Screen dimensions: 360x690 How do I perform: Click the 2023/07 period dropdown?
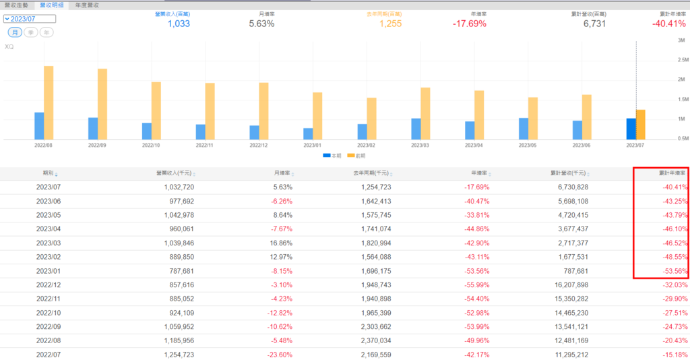[x=30, y=19]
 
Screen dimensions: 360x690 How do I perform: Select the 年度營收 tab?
[x=86, y=5]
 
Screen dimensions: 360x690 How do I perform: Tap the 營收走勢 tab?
[x=16, y=5]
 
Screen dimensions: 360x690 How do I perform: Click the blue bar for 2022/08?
[x=39, y=126]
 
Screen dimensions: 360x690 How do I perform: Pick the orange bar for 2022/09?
[x=102, y=104]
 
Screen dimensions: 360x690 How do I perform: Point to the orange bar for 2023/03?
[x=425, y=113]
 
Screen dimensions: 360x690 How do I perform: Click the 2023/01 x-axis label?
[x=313, y=145]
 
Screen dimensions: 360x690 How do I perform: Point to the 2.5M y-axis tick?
[x=680, y=59]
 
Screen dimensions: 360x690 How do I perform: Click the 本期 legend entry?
[x=332, y=156]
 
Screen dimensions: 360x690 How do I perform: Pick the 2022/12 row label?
[x=49, y=285]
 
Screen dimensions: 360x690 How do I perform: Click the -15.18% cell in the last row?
[x=674, y=355]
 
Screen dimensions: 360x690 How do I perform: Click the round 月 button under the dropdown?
[x=14, y=32]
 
